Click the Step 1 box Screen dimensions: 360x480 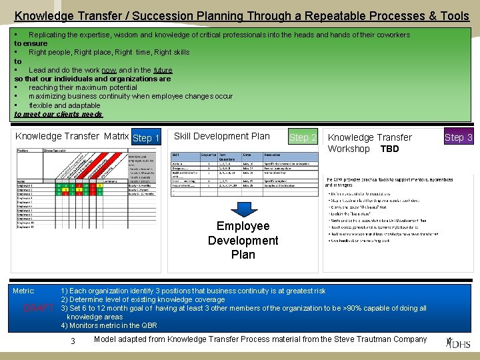146,138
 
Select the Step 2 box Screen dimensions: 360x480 303,137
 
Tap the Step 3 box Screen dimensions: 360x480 458,137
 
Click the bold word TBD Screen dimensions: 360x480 389,149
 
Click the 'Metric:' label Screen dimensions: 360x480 24,291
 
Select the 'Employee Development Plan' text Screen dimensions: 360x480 243,240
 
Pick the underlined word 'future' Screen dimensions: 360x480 163,70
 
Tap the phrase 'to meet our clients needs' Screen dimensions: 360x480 58,114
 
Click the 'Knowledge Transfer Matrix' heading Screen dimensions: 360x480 72,137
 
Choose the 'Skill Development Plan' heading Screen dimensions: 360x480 221,136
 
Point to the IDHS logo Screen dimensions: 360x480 459,343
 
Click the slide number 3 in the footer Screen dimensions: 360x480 73,341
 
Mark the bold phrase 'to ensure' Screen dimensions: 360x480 31,43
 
